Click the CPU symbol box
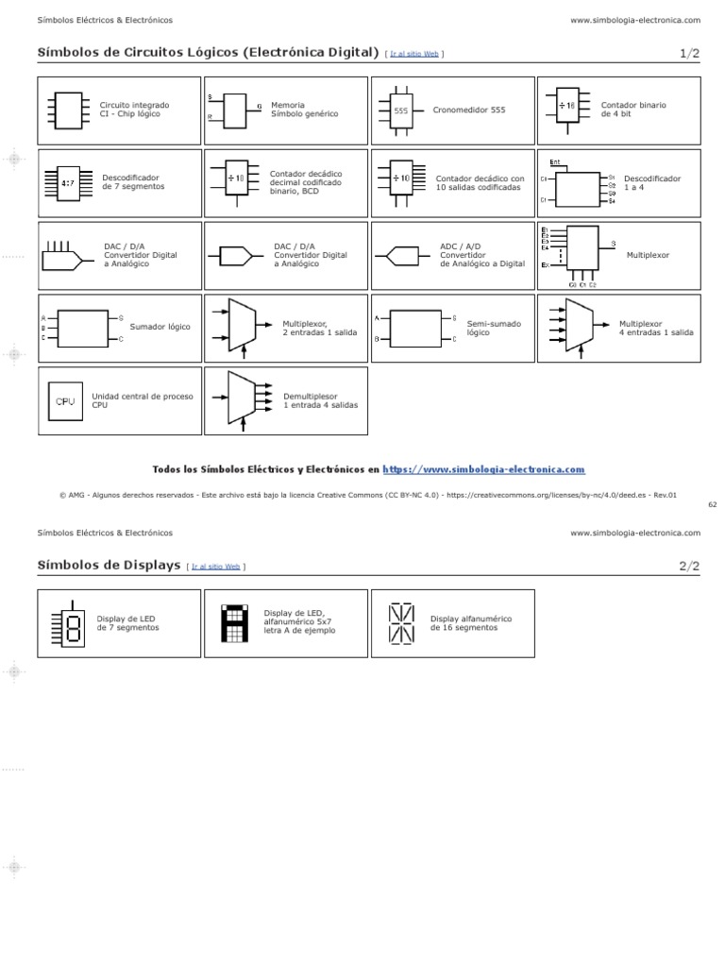coord(65,401)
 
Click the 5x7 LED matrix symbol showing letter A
coord(231,623)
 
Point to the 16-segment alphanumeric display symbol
coord(401,624)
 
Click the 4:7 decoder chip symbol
coord(68,183)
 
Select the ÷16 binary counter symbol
coord(566,106)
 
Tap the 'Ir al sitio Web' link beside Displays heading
coord(217,567)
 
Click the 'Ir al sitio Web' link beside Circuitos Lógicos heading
coord(415,54)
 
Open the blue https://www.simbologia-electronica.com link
coord(484,468)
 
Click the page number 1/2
coord(689,54)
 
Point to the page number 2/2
coord(689,567)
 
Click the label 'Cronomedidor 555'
coord(469,110)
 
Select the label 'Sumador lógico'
coord(160,327)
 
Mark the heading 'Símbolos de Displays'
coord(109,566)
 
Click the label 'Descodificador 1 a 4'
coord(651,181)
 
